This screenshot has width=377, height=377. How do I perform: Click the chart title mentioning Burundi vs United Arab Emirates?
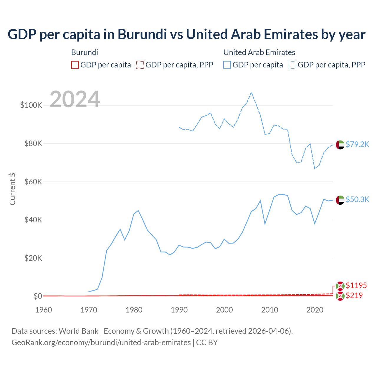186,34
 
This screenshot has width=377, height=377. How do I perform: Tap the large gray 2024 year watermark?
75,99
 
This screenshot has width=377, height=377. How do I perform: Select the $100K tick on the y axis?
31,105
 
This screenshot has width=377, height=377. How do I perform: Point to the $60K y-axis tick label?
33,182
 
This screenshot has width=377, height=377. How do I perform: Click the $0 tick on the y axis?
38,296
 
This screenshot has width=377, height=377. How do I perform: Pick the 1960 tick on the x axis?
44,310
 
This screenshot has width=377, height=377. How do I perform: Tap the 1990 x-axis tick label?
179,310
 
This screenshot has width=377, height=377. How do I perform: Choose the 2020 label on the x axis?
315,310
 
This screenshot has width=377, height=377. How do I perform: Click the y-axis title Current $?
12,189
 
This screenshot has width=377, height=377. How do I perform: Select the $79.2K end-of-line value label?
357,144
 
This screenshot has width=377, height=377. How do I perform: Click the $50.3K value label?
357,199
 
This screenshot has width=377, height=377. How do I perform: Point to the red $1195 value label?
356,285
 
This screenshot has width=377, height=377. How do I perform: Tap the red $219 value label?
354,295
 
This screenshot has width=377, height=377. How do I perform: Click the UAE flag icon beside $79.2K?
340,145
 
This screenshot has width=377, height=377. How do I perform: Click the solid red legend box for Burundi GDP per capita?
75,65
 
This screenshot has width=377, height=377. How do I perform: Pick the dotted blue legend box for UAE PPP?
292,65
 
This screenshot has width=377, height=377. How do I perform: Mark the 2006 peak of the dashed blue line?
251,92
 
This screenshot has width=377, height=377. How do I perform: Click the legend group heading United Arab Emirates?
259,52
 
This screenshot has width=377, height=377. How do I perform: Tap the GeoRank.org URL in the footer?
101,343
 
